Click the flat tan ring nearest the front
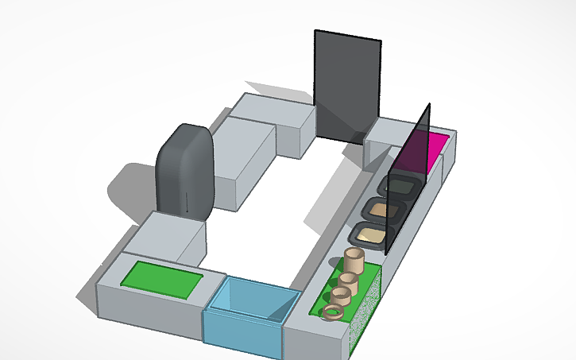[x=332, y=313]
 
